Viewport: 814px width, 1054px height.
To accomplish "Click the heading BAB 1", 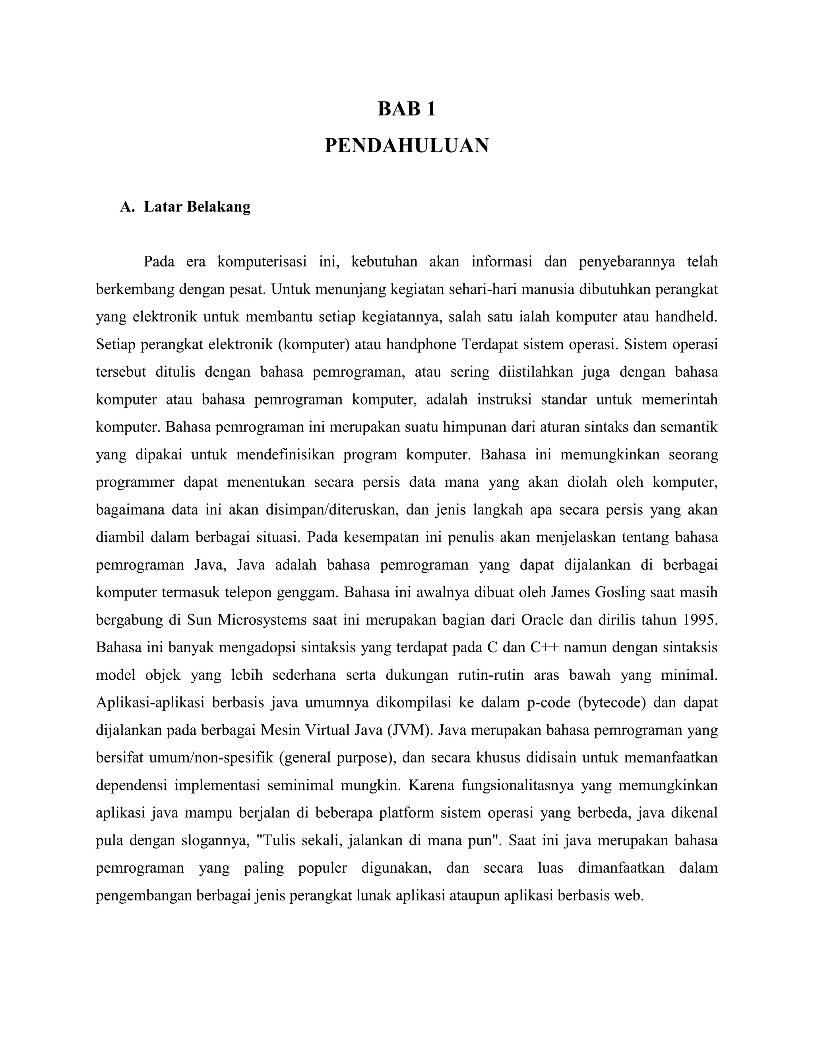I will point(407,109).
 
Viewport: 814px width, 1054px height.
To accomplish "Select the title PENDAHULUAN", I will point(407,145).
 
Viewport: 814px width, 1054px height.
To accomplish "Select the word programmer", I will point(135,482).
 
